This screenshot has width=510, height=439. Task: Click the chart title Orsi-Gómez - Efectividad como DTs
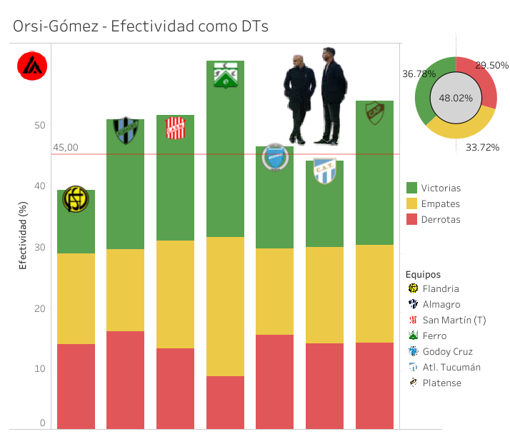(x=141, y=26)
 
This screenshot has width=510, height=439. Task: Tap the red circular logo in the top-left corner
(x=32, y=66)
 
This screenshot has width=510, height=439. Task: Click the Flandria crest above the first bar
(x=76, y=199)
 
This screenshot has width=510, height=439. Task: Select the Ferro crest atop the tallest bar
(x=225, y=75)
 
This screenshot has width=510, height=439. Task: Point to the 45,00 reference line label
(x=65, y=148)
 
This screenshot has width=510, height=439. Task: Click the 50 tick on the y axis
(x=40, y=126)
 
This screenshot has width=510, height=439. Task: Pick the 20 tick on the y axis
(x=40, y=308)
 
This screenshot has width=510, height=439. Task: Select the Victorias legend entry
(x=441, y=188)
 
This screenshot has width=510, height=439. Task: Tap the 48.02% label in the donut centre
(x=456, y=98)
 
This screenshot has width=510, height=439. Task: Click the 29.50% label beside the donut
(x=492, y=65)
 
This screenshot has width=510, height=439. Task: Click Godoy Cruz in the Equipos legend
(x=446, y=352)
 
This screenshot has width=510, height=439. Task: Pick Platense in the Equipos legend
(x=441, y=383)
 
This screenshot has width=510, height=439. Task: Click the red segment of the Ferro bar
(x=225, y=402)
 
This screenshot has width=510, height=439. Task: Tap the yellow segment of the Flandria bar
(x=76, y=298)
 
